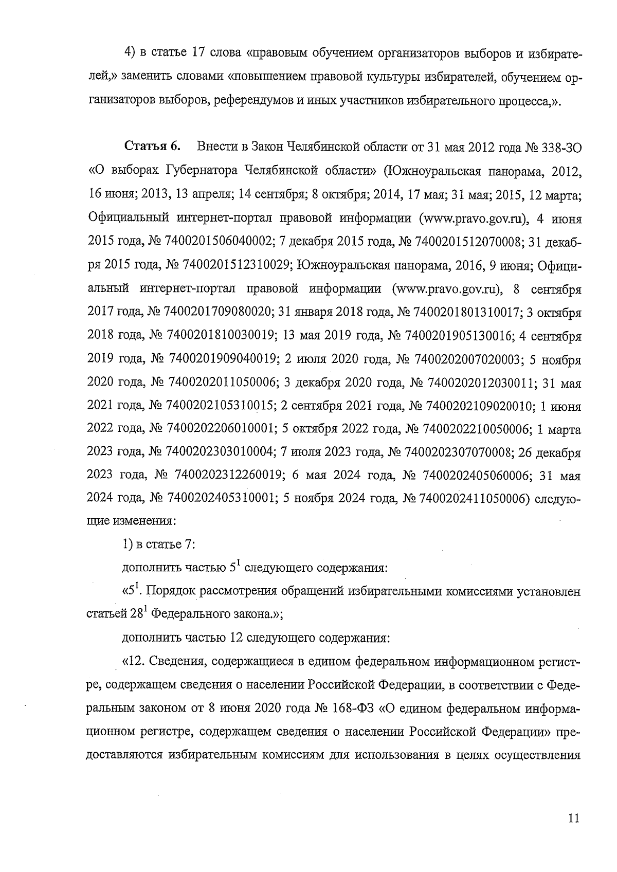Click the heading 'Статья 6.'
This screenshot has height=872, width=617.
152,147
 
